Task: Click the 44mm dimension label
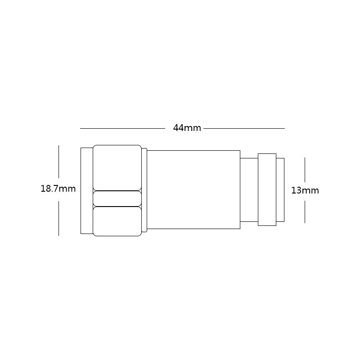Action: pos(187,128)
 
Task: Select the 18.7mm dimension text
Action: pos(58,189)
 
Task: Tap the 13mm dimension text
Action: pos(305,190)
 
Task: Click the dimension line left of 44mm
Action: pos(122,128)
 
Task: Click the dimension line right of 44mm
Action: pos(244,128)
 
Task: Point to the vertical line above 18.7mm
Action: pos(58,161)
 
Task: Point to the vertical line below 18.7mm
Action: pos(58,218)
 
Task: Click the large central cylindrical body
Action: pos(193,189)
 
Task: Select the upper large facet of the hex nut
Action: pos(117,167)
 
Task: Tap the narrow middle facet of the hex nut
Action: pos(117,198)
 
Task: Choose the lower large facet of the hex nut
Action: pos(117,221)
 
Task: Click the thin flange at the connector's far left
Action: pos(86,190)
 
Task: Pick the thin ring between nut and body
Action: pos(144,190)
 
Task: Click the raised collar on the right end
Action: pos(267,189)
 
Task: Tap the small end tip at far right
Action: pos(280,189)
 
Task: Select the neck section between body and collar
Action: pos(249,189)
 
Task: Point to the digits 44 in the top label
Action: pos(179,128)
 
